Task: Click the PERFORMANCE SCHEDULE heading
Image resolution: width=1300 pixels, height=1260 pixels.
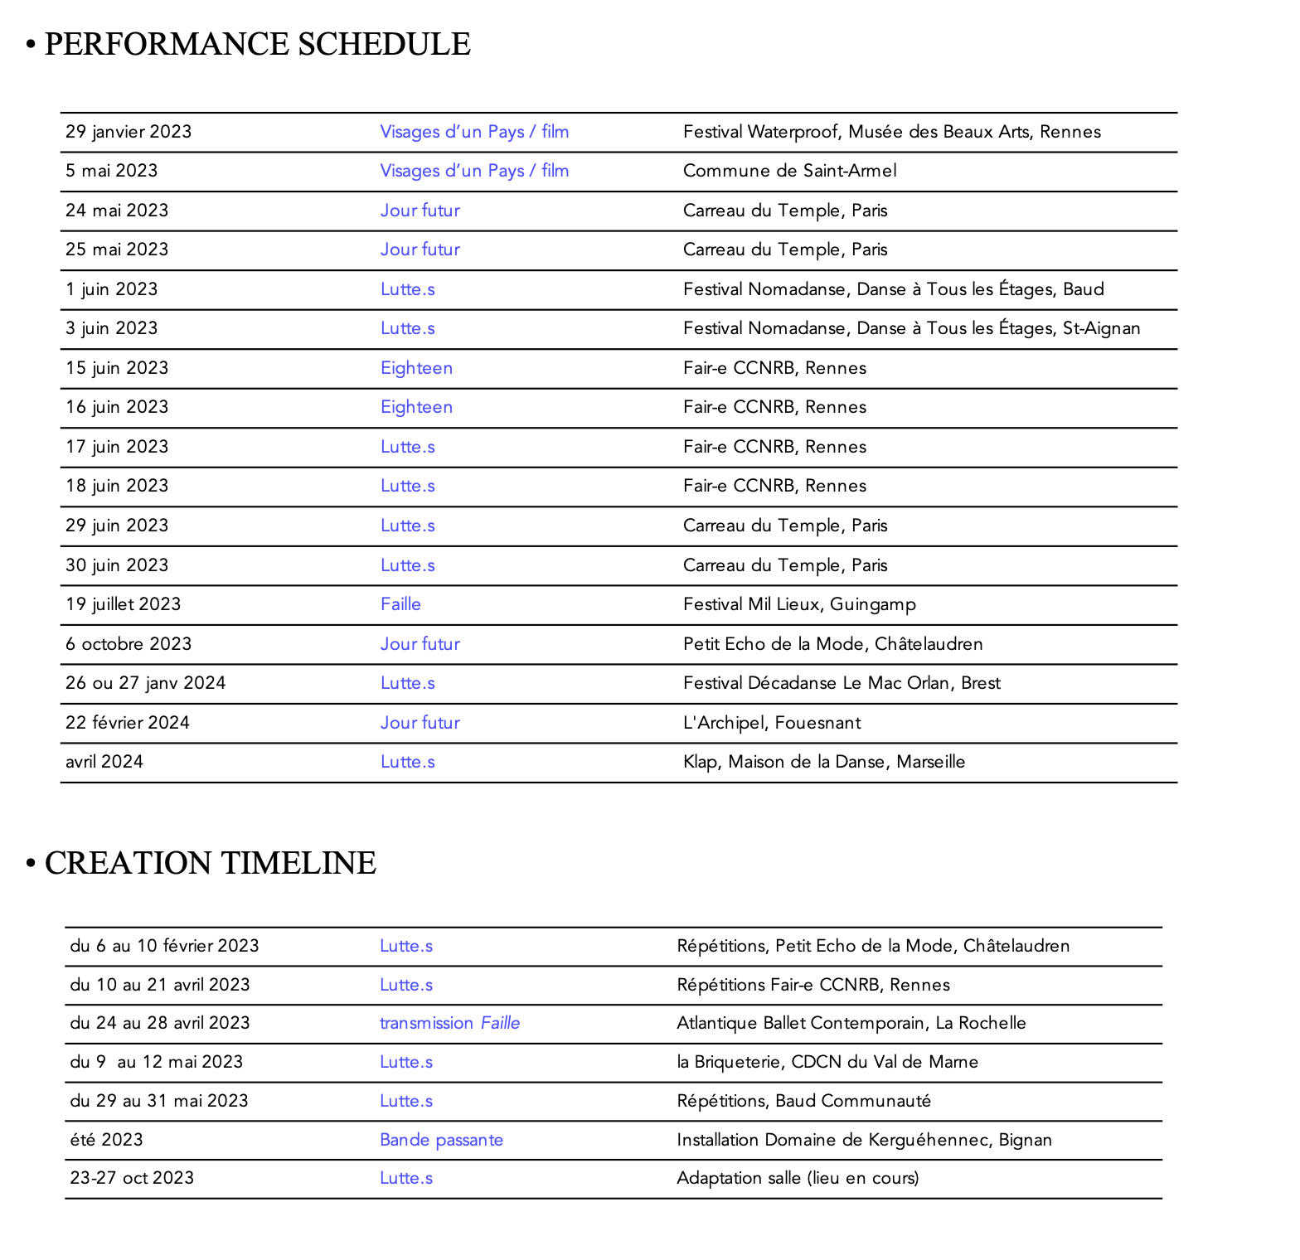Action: pos(257,44)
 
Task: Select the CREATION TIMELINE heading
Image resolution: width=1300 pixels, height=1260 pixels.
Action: pos(210,863)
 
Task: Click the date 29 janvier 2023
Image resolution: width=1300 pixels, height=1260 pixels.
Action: pos(129,132)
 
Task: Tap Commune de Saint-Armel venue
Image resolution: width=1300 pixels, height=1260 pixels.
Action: pos(789,171)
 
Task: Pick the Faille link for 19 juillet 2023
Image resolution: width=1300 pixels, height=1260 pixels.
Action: pos(400,604)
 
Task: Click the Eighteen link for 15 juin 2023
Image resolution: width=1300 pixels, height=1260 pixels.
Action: pos(416,368)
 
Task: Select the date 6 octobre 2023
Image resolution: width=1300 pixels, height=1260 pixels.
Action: pos(129,644)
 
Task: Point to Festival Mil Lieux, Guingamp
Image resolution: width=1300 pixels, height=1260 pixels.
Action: pos(799,604)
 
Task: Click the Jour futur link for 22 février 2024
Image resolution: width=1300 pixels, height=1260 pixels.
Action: pos(420,723)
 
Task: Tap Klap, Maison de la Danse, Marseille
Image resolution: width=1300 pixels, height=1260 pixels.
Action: pos(823,762)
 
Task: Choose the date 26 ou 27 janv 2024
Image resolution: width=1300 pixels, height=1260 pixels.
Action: pos(145,683)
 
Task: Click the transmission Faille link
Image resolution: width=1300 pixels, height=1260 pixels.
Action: pos(449,1023)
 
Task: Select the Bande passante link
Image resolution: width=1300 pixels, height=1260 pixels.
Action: pos(441,1140)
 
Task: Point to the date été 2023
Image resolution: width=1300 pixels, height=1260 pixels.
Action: pos(106,1140)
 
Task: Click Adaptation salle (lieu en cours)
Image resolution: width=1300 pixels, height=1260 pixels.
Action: pos(798,1178)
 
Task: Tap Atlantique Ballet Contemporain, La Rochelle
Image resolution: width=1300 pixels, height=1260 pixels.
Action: pos(851,1023)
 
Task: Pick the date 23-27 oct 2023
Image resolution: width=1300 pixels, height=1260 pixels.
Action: pos(132,1178)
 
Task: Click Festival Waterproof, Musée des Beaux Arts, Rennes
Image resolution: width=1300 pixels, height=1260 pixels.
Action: pos(891,132)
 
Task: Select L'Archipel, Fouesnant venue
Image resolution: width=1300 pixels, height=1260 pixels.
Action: pos(771,723)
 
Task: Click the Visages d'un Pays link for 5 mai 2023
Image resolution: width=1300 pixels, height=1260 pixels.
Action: pos(474,171)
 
